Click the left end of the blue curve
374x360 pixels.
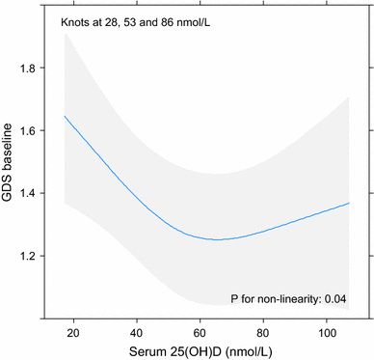(x=65, y=116)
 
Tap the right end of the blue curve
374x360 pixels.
(x=348, y=203)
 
